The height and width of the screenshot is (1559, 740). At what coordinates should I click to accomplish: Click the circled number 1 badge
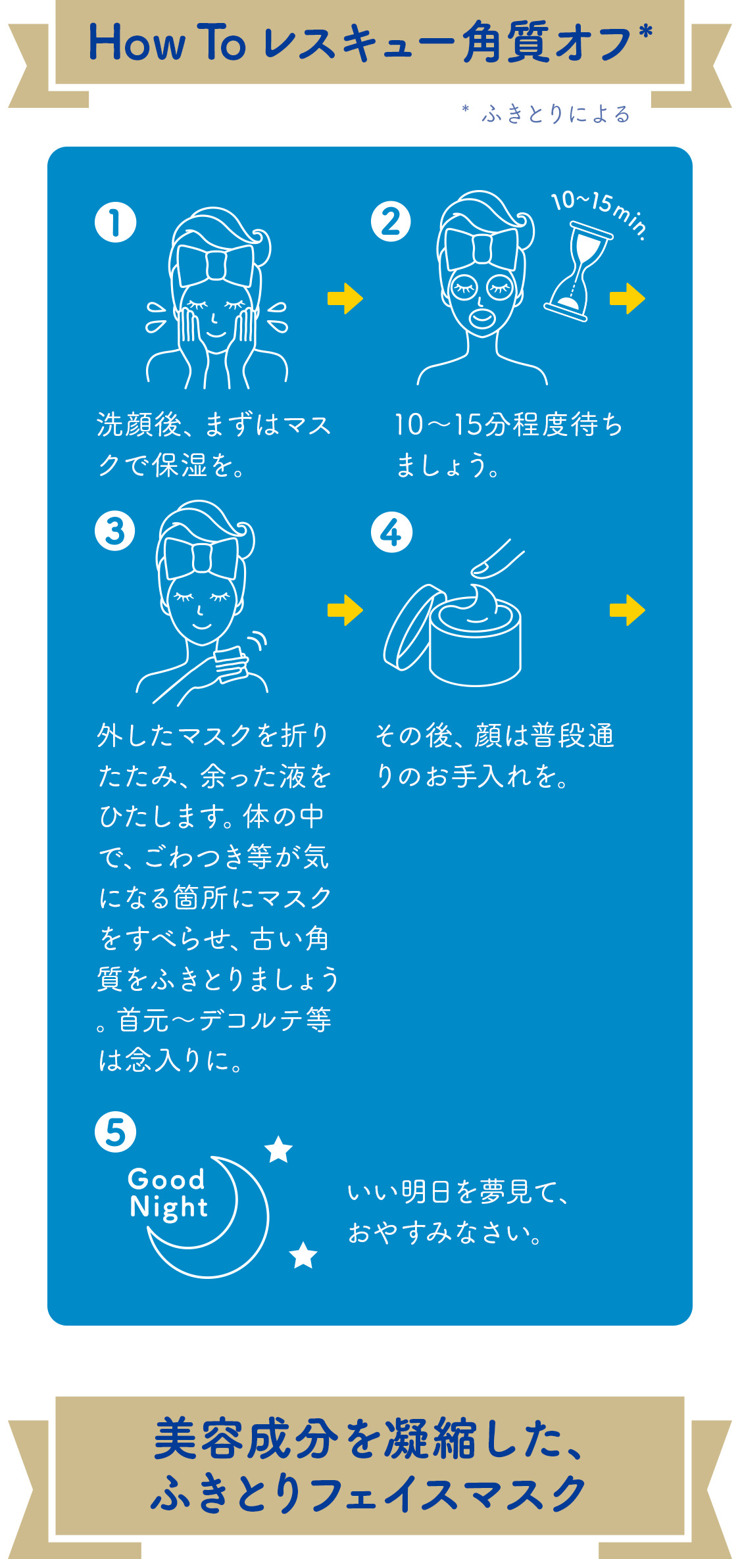(x=115, y=223)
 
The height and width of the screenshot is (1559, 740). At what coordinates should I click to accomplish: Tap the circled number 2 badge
(x=390, y=222)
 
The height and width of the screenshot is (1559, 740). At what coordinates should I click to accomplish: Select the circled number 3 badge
(x=114, y=531)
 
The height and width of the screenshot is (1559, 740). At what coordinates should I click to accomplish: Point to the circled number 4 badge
(x=391, y=532)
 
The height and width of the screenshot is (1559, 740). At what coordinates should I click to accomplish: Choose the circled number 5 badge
(x=115, y=1132)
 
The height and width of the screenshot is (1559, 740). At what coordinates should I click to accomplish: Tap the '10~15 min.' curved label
(x=599, y=212)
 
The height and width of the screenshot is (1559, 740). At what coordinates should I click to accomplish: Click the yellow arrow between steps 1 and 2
(x=345, y=299)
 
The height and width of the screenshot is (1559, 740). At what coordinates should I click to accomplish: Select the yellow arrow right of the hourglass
(x=627, y=299)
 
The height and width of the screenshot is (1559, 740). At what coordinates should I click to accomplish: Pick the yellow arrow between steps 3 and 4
(x=345, y=610)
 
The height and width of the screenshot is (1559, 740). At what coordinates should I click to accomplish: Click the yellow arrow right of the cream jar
(x=627, y=610)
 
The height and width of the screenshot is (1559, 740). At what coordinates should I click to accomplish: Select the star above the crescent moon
(x=278, y=1149)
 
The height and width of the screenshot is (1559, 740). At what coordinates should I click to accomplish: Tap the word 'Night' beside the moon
(x=168, y=1207)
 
